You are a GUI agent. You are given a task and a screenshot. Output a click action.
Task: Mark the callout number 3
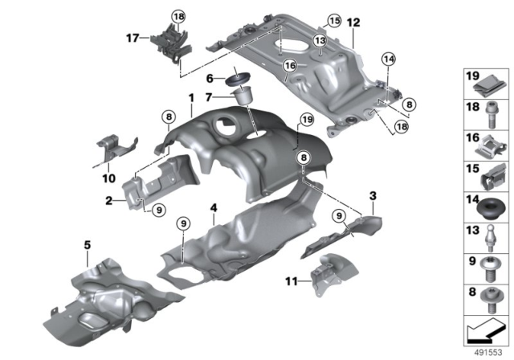(372, 195)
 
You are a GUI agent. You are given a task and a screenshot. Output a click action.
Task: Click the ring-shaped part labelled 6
(237, 79)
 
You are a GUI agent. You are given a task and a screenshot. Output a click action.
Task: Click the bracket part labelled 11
(328, 272)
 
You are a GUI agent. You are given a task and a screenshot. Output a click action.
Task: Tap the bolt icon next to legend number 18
(490, 112)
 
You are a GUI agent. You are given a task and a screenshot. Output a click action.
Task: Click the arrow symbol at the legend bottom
(484, 330)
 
